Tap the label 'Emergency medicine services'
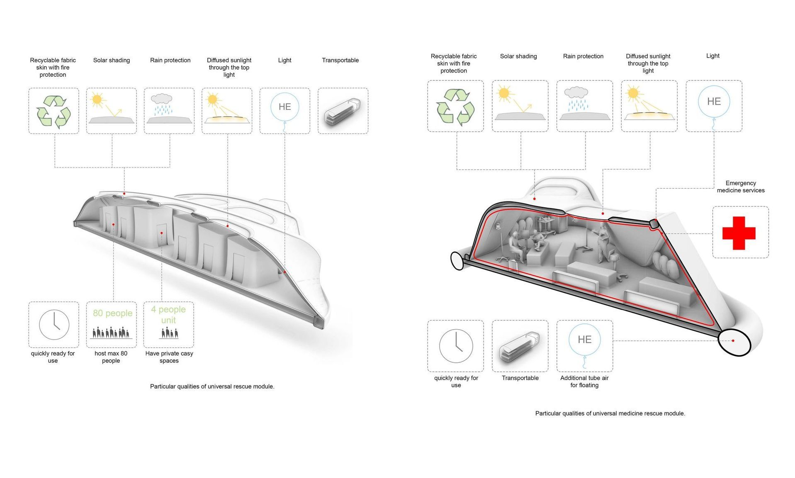click(741, 187)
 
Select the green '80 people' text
click(112, 313)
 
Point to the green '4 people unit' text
click(168, 315)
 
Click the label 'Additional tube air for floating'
click(584, 381)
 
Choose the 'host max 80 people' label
click(111, 357)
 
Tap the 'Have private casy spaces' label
click(169, 357)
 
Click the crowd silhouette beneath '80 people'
click(111, 332)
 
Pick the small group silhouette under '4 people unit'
click(169, 332)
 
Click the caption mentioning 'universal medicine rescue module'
click(610, 413)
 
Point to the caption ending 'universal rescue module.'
click(212, 386)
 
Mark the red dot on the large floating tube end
click(733, 341)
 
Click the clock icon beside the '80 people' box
click(54, 325)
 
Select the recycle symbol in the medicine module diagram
click(455, 107)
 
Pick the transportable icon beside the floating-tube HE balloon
click(520, 346)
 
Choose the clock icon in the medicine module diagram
click(456, 346)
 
